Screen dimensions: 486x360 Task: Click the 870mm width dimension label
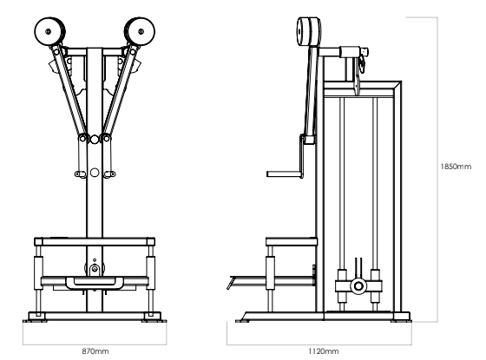[x=95, y=351]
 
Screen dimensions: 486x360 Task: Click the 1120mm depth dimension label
[x=323, y=351]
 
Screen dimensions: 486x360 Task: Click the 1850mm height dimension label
[x=456, y=167]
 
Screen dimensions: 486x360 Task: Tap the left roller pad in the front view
[x=49, y=31]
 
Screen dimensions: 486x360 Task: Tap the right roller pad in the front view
[x=140, y=31]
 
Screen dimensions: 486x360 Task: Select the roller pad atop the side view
[x=309, y=31]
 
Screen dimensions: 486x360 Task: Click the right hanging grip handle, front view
[x=109, y=174]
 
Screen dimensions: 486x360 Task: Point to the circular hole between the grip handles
[x=95, y=173]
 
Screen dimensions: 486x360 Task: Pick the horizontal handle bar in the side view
[x=285, y=173]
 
